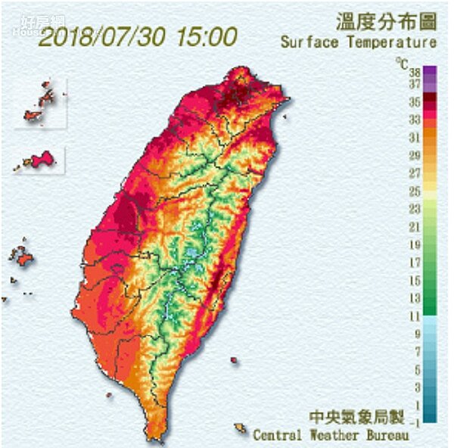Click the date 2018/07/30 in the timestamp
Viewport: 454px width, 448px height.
point(103,37)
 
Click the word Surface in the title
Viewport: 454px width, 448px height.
point(309,42)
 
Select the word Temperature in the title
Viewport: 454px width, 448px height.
point(391,42)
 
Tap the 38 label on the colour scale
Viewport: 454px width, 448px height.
point(415,73)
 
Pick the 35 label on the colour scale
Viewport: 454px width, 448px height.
point(415,101)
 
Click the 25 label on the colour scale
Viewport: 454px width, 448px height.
point(415,191)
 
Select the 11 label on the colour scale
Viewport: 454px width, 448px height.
point(415,316)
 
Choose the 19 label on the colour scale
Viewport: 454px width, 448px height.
point(415,244)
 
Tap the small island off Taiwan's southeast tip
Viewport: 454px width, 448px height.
point(240,429)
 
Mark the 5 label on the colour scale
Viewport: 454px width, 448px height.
point(416,370)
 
